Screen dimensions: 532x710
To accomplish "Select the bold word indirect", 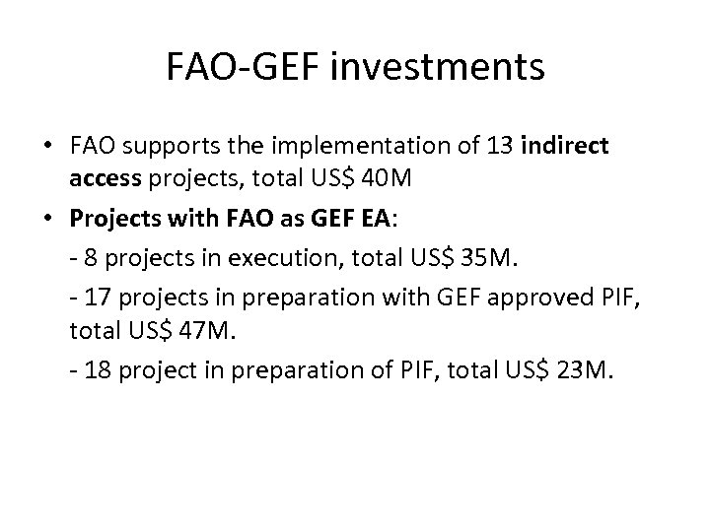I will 567,146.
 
